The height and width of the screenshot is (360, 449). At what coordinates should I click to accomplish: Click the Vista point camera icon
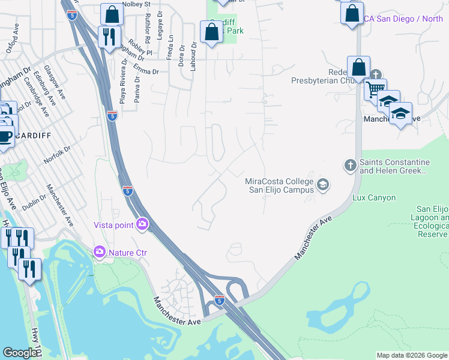pyautogui.click(x=142, y=224)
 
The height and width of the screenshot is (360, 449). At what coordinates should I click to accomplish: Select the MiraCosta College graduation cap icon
pyautogui.click(x=323, y=184)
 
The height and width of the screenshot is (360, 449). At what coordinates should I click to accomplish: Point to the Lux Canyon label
pyautogui.click(x=374, y=197)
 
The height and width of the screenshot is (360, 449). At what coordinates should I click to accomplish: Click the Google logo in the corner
pyautogui.click(x=20, y=353)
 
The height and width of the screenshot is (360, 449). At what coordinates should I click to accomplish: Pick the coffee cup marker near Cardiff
pyautogui.click(x=4, y=134)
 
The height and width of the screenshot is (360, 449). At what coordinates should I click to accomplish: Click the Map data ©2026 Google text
pyautogui.click(x=411, y=355)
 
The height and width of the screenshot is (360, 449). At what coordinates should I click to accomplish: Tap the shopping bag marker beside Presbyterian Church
pyautogui.click(x=358, y=67)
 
